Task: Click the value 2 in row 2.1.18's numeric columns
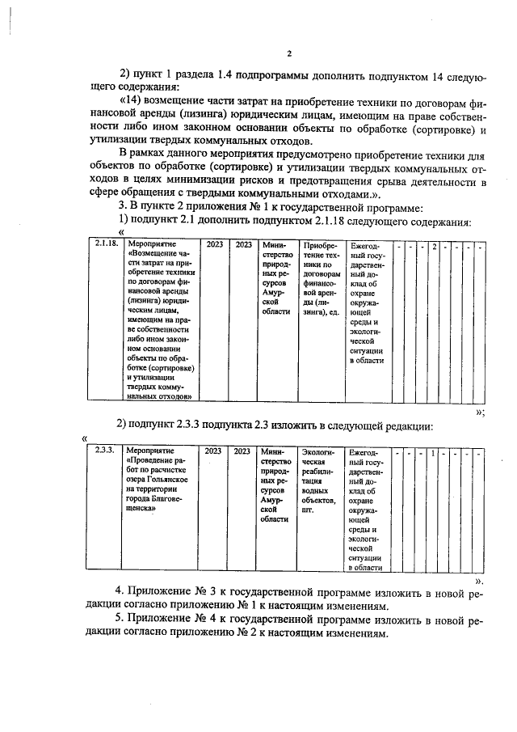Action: click(434, 243)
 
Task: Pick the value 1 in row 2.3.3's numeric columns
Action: click(434, 451)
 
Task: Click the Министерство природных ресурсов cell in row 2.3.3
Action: click(275, 485)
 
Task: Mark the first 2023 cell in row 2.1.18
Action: click(214, 243)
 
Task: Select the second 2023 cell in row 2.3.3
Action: click(242, 451)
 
